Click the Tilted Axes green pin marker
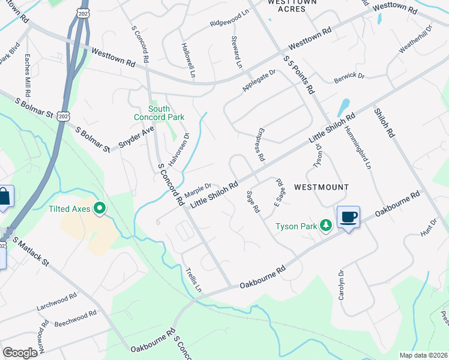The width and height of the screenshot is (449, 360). (100, 208)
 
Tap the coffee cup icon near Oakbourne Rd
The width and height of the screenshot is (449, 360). (348, 217)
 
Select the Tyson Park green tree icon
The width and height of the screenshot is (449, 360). (325, 226)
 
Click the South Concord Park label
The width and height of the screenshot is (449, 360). (158, 113)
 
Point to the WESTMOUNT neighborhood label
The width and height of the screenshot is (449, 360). (322, 187)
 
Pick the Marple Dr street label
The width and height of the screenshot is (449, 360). (199, 189)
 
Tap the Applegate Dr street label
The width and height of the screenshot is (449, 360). (258, 81)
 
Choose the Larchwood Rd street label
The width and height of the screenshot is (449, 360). (56, 299)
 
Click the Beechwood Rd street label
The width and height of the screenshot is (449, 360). (75, 318)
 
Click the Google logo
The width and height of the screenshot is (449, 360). (20, 352)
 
